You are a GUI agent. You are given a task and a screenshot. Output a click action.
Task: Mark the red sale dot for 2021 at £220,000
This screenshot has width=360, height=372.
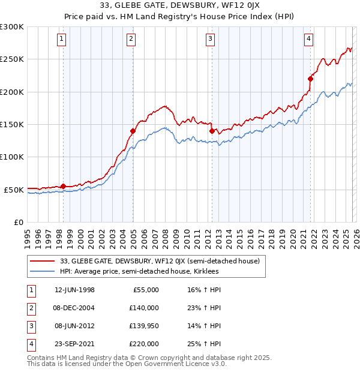[x=310, y=79]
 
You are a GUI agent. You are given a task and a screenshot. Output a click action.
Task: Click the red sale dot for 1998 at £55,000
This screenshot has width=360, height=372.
[x=64, y=186]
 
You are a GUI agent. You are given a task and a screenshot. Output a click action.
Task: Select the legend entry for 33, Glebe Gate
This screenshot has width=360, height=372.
[x=159, y=261]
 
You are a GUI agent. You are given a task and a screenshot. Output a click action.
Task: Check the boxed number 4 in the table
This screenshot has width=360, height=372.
[x=31, y=344]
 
